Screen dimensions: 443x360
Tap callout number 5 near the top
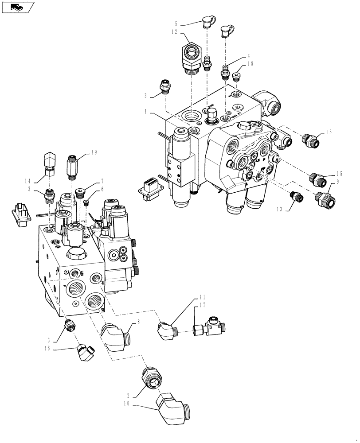coord(176,24)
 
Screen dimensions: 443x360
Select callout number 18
coord(251,65)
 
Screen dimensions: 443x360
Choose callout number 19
coord(94,153)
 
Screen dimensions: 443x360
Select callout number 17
coord(203,305)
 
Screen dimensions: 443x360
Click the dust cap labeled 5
coord(207,21)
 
